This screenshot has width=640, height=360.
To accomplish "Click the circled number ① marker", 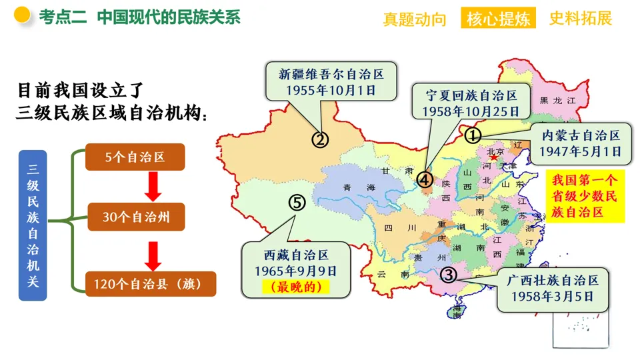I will (x=472, y=135).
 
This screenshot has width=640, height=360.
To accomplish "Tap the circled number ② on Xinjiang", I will (x=321, y=139).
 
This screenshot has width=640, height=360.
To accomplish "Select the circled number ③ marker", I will (x=449, y=274).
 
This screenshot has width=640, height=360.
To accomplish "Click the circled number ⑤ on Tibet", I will (x=297, y=202).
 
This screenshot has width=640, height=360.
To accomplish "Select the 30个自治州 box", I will (x=135, y=217).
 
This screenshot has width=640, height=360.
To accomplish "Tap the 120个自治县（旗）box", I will (x=151, y=283).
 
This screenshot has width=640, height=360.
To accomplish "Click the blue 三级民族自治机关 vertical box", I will (x=33, y=223).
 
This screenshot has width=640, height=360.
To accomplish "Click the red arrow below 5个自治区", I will (x=153, y=187).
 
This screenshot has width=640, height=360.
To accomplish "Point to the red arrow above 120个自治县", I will (x=153, y=254).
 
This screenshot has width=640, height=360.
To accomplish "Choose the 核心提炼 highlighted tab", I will (x=498, y=19).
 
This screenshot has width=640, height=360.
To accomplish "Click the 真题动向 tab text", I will (x=415, y=19).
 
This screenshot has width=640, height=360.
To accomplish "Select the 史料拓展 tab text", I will (x=580, y=19).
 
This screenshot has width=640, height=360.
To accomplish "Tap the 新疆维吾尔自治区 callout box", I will (x=331, y=81).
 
